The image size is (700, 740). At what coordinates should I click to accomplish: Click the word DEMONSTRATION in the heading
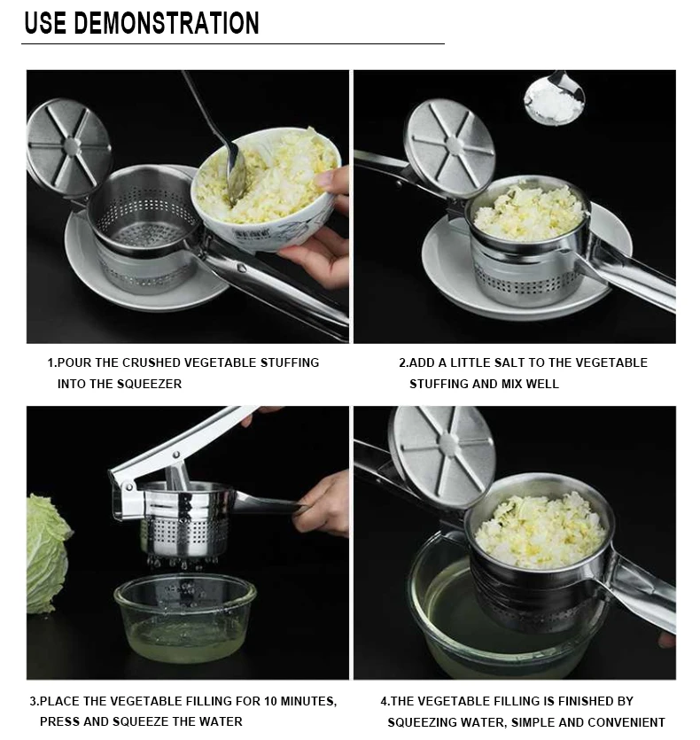[x=167, y=23]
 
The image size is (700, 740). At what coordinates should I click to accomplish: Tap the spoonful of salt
[x=553, y=101]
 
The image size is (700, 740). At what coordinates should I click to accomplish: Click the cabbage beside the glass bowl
[x=48, y=553]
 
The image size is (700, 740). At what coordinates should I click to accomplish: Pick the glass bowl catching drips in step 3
[x=185, y=618]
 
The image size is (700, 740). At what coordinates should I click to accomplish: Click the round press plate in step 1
[x=69, y=148]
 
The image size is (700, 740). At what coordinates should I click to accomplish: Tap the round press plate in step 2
[x=450, y=148]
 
